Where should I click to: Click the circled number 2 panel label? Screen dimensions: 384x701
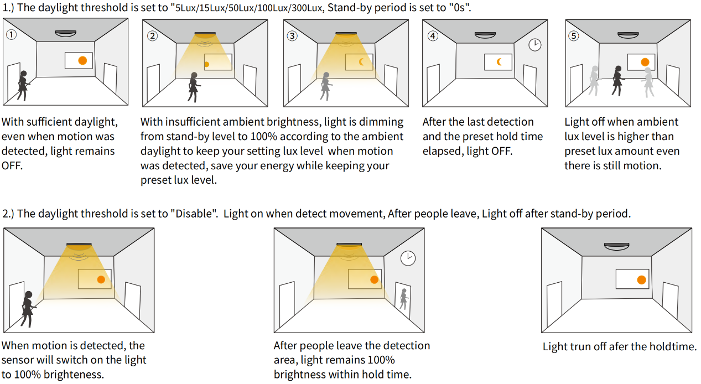tap(153, 36)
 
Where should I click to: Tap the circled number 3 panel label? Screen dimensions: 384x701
tap(293, 36)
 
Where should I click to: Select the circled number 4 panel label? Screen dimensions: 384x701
tap(433, 36)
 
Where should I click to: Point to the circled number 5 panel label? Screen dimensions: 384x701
tap(574, 36)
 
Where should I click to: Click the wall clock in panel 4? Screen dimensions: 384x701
tap(534, 45)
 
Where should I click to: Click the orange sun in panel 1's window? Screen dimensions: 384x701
tap(82, 60)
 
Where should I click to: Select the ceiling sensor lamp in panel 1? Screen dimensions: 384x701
tap(66, 33)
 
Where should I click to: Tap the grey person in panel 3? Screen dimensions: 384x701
tap(325, 86)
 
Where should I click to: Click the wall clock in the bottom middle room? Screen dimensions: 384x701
tap(408, 258)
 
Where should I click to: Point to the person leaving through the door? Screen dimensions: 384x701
tap(403, 299)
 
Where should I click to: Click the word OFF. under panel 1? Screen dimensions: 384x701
tap(12, 166)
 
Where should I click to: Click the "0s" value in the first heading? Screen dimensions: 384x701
tap(460, 8)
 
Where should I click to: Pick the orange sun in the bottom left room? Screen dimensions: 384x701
tap(101, 279)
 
